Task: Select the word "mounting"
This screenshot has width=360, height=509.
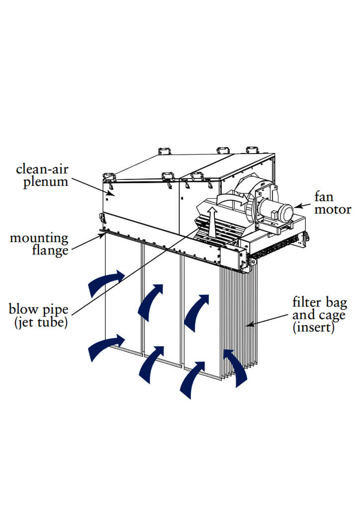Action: [39, 238]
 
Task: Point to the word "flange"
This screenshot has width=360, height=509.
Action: [50, 251]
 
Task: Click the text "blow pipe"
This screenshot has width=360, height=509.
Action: [37, 309]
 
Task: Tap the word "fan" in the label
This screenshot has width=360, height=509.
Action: [327, 197]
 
